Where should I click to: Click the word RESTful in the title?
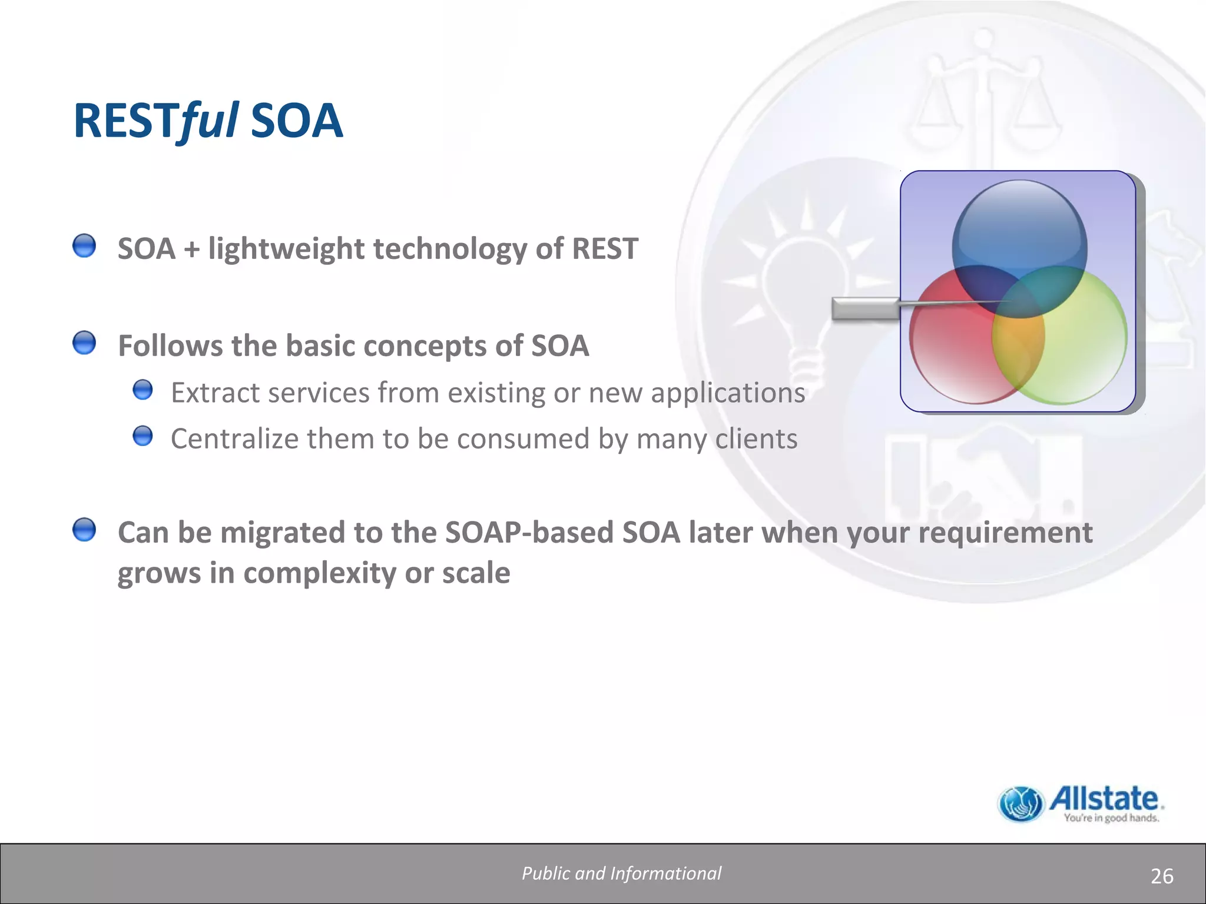click(x=155, y=121)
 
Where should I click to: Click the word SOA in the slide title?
click(x=296, y=121)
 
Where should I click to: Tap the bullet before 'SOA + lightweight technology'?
click(x=84, y=245)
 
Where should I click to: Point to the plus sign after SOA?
click(x=191, y=249)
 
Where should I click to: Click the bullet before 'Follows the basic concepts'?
click(x=84, y=343)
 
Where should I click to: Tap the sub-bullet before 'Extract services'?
click(x=143, y=390)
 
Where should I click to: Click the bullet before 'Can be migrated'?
click(x=84, y=530)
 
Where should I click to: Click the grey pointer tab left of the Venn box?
click(x=864, y=308)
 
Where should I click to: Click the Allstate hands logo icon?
click(x=1021, y=804)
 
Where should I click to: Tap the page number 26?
click(x=1161, y=876)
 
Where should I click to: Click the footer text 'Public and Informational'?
click(x=621, y=873)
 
